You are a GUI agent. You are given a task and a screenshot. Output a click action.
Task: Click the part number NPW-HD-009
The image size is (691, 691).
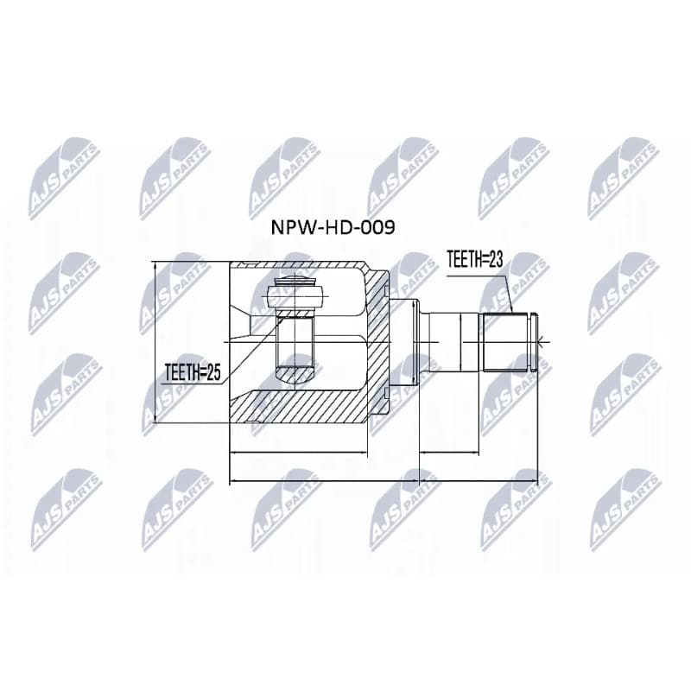[333, 227]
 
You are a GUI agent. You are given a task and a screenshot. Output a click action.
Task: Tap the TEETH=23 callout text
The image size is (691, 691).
[474, 260]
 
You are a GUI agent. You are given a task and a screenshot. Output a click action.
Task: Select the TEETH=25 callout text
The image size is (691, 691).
[193, 373]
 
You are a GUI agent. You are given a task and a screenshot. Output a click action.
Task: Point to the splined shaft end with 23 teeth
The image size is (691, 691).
[506, 341]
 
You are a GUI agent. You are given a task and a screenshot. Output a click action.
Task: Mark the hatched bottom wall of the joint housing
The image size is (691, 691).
[299, 406]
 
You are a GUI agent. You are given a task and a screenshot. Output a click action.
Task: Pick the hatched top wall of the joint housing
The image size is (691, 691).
[300, 265]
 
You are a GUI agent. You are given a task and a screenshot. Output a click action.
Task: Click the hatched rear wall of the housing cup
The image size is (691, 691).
[377, 341]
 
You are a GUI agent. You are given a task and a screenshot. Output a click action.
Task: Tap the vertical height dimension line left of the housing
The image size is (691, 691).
[155, 342]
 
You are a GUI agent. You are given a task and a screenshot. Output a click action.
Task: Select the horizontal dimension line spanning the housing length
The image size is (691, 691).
[299, 452]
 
